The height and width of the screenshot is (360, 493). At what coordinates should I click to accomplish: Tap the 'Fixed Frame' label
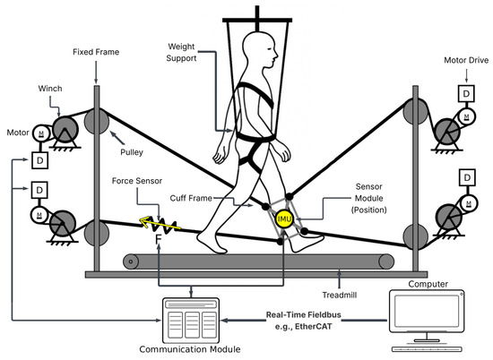pyautogui.click(x=96, y=53)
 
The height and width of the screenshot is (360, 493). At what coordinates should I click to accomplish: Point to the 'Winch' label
pyautogui.click(x=48, y=90)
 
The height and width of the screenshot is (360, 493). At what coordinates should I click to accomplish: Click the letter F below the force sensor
pyautogui.click(x=157, y=241)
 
